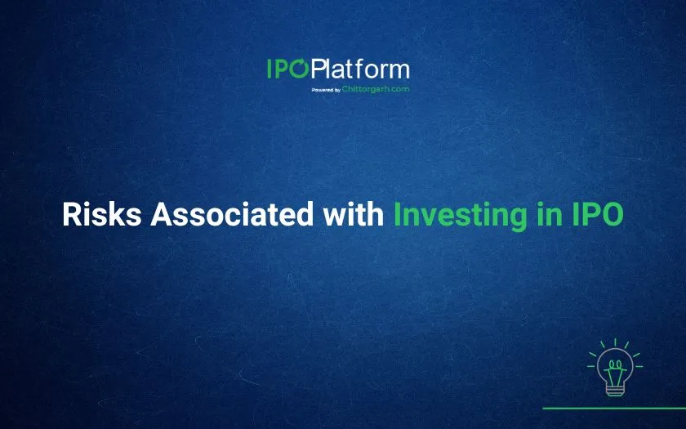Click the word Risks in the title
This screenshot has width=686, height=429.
102,214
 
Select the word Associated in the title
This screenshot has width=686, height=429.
232,214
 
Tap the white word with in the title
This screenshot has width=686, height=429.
354,213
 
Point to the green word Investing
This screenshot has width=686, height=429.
461,216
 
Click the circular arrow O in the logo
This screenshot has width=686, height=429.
299,69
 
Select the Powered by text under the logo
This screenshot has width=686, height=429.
326,90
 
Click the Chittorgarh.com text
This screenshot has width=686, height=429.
376,89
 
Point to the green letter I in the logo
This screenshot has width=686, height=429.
269,69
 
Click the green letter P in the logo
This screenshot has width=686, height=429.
281,69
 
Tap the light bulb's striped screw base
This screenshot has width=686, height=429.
614,390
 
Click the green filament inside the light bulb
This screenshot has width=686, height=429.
615,371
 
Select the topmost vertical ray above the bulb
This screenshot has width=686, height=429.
615,342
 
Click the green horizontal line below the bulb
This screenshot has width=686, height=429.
614,408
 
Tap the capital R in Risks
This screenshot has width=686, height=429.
72,214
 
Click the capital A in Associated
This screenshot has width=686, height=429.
162,214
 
